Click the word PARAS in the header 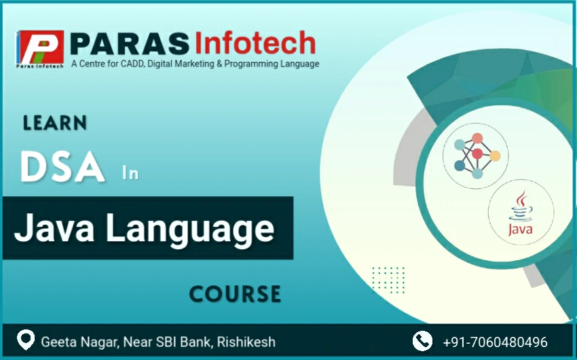click(130, 43)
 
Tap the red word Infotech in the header click(255, 42)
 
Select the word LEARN click(55, 123)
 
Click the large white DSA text click(62, 167)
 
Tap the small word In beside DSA click(130, 173)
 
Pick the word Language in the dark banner click(190, 229)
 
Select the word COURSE click(235, 294)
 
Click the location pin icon click(26, 340)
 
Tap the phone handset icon click(422, 341)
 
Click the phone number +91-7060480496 click(495, 342)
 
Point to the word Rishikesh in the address click(246, 342)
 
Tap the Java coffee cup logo click(521, 213)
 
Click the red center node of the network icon click(477, 154)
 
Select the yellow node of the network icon click(495, 156)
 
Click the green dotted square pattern click(388, 280)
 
